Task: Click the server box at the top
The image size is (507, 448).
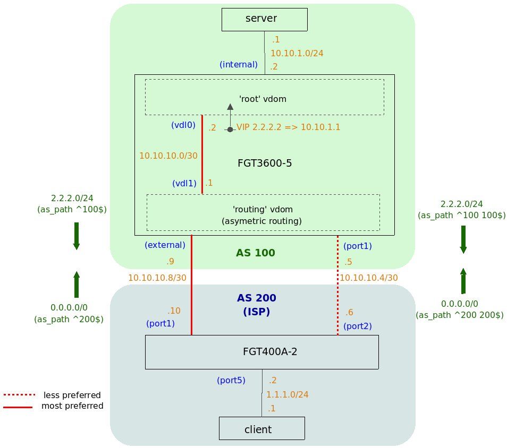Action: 264,19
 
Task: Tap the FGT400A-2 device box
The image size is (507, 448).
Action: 261,351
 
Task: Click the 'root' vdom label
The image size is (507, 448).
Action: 264,98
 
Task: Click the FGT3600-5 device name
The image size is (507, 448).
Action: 265,163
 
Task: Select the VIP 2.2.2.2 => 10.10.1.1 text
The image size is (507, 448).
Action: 288,127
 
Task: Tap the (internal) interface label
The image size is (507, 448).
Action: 238,65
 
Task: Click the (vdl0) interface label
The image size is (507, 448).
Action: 183,125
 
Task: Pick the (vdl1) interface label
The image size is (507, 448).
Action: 184,183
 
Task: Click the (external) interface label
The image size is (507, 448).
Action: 164,245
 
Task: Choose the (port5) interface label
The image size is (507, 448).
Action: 231,380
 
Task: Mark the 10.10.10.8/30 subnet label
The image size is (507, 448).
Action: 157,278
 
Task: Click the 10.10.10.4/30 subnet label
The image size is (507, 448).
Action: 368,278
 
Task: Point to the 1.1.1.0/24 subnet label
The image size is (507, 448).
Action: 287,394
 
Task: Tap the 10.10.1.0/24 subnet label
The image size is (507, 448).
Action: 297,53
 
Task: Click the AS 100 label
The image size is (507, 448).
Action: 255,253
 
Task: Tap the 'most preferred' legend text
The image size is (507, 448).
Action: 72,406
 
